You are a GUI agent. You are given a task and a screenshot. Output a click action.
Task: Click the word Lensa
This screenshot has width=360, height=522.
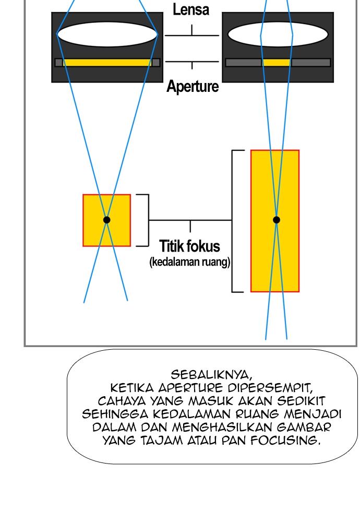point(191,9)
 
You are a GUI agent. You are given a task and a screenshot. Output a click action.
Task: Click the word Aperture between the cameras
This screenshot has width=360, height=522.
point(193,86)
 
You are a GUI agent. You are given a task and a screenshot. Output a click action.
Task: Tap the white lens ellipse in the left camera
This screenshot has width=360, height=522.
point(107,34)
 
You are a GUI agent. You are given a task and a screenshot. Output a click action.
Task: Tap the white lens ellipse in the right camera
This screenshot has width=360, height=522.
point(278,34)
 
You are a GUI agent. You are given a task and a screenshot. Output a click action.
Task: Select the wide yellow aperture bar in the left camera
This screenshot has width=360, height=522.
point(107,63)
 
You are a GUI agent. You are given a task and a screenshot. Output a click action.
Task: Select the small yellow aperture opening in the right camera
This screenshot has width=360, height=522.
point(276,63)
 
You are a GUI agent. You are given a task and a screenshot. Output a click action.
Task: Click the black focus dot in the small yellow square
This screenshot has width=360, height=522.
point(106,220)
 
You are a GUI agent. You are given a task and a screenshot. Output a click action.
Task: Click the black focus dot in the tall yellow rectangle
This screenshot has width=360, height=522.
point(276,220)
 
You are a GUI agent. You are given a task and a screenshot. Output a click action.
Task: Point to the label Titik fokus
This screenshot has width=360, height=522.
point(189,246)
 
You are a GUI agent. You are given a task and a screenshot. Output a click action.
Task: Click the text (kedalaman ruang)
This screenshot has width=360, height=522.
point(189,262)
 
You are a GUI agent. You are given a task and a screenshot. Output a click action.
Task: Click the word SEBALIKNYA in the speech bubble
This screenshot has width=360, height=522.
point(211,375)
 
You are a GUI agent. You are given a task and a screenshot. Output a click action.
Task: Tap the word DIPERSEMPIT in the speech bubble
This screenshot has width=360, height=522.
point(270,388)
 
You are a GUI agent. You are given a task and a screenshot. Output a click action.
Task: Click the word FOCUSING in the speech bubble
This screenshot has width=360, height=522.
point(285,441)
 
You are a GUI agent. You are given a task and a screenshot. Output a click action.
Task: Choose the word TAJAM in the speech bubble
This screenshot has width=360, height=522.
point(161,441)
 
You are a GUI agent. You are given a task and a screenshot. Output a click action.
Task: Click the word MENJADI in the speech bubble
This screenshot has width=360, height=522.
point(313,414)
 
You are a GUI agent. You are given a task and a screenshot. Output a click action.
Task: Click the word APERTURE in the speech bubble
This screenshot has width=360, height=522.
point(190,388)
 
